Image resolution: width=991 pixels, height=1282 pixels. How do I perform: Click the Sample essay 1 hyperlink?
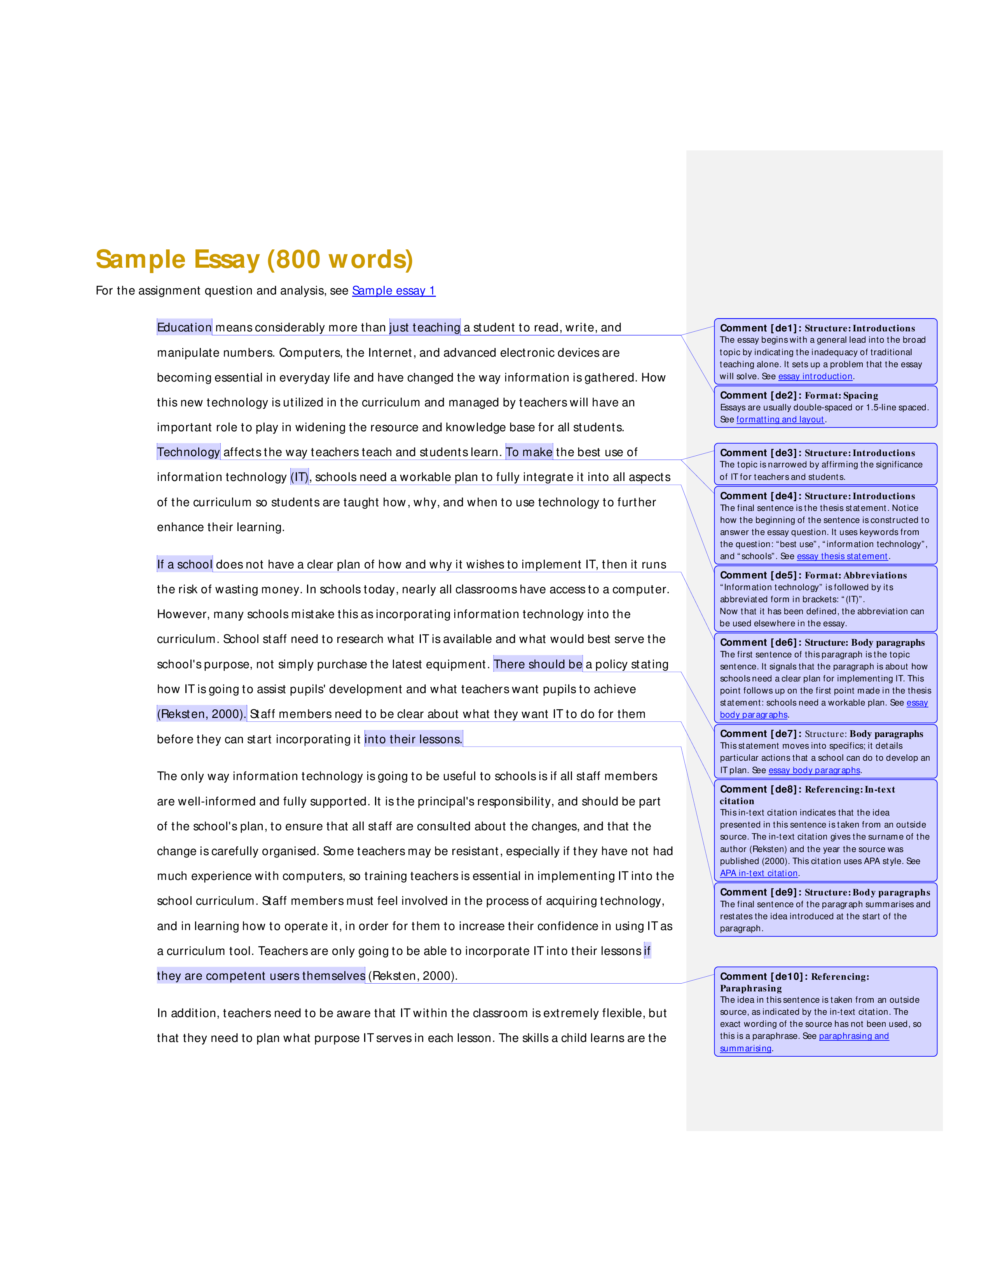[x=393, y=291]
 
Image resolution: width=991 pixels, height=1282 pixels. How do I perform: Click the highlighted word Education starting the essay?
[x=184, y=327]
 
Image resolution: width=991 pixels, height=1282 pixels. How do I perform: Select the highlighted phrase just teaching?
[x=425, y=327]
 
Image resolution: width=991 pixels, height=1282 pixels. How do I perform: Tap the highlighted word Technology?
[x=188, y=452]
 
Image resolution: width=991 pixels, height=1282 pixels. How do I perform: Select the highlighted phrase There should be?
[x=538, y=664]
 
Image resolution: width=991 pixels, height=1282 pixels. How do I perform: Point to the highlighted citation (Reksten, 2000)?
[x=201, y=714]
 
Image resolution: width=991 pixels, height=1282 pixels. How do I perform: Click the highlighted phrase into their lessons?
[x=413, y=739]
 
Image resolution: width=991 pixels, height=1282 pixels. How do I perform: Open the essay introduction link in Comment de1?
[x=815, y=376]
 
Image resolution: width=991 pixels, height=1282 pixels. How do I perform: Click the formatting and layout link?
[x=780, y=419]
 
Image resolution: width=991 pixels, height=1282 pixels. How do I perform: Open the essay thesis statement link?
[x=843, y=556]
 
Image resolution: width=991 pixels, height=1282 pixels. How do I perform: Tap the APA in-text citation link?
[x=759, y=873]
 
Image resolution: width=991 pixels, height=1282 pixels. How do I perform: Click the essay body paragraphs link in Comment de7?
[x=814, y=770]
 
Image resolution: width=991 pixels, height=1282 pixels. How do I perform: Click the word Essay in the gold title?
[x=227, y=260]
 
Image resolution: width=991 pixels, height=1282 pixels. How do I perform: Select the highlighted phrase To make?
[x=529, y=452]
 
